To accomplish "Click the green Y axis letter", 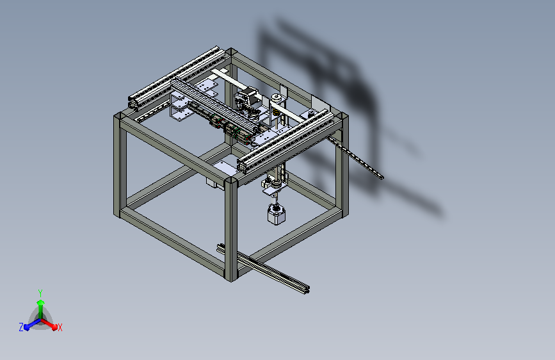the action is point(40,293).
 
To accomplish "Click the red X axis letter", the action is point(60,327).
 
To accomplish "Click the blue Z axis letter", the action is point(21,327).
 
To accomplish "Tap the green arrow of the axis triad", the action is point(41,309).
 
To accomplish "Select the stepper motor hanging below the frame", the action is point(277,214).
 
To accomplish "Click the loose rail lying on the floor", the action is point(263,268).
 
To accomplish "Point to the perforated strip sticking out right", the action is point(355,158).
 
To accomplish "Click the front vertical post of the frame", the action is point(231,229).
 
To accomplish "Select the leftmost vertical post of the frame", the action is point(120,165).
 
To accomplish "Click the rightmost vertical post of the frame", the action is point(342,165).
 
